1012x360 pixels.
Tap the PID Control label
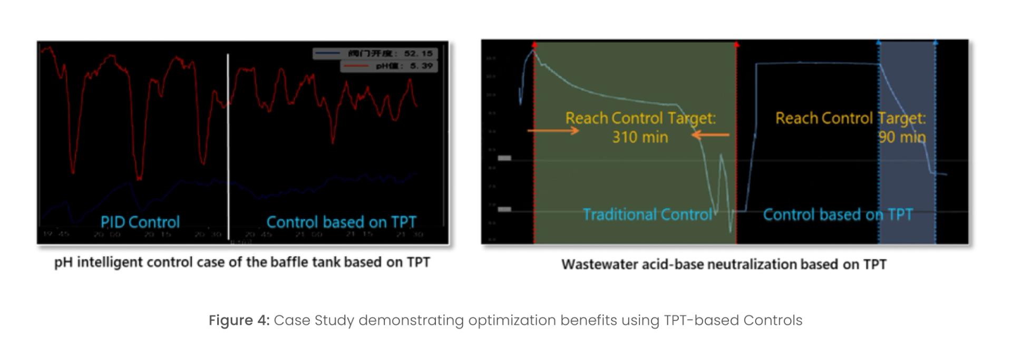coord(140,222)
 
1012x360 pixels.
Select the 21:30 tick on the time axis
coord(411,233)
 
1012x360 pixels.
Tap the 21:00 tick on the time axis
coord(309,233)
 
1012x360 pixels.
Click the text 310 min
coord(640,137)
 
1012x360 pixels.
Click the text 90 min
coord(902,137)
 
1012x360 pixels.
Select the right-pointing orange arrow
coord(553,130)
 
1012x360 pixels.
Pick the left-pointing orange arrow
coord(710,135)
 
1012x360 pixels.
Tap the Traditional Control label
coord(647,215)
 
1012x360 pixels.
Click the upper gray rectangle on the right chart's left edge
coord(504,158)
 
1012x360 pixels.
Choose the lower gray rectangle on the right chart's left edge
coord(504,209)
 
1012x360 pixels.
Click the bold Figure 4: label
coord(239,320)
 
